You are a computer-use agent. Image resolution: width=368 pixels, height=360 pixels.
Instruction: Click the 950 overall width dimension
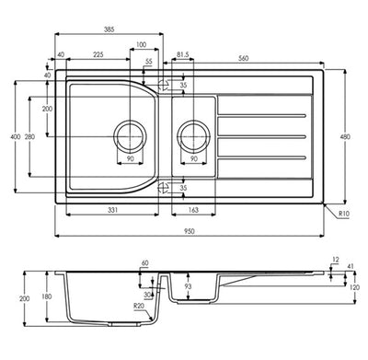tap(190, 231)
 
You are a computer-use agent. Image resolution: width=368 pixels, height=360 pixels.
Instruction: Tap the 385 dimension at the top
tap(109, 29)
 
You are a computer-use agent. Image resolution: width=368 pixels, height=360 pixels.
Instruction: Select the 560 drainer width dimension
tap(243, 58)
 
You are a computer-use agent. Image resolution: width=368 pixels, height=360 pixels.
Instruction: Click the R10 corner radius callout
tap(344, 214)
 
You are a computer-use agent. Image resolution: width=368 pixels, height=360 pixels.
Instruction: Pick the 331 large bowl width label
tap(112, 210)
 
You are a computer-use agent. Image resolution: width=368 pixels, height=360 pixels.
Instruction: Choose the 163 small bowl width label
tap(193, 210)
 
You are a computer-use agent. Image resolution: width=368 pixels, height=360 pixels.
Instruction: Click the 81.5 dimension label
tap(183, 54)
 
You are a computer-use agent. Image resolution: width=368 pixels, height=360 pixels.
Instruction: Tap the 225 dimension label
tap(98, 54)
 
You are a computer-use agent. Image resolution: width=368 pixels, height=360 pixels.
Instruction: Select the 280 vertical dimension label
tap(29, 137)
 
